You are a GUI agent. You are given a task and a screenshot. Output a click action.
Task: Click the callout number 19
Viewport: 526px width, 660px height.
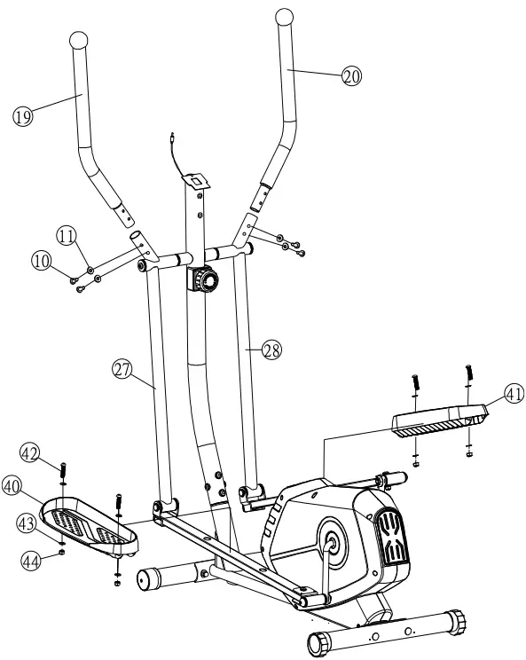(23, 116)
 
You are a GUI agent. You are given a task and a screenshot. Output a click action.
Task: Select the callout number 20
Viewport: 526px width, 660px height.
(352, 76)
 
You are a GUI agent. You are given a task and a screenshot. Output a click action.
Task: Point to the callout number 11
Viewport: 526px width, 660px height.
(67, 235)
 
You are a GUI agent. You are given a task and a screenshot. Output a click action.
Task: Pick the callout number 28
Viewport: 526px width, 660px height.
(271, 350)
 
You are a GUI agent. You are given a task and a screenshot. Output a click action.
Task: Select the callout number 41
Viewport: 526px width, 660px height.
(491, 393)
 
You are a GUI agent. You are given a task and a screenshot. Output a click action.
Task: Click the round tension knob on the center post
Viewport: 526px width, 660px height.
(206, 281)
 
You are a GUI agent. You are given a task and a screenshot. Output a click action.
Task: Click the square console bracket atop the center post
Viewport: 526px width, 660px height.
(192, 178)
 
